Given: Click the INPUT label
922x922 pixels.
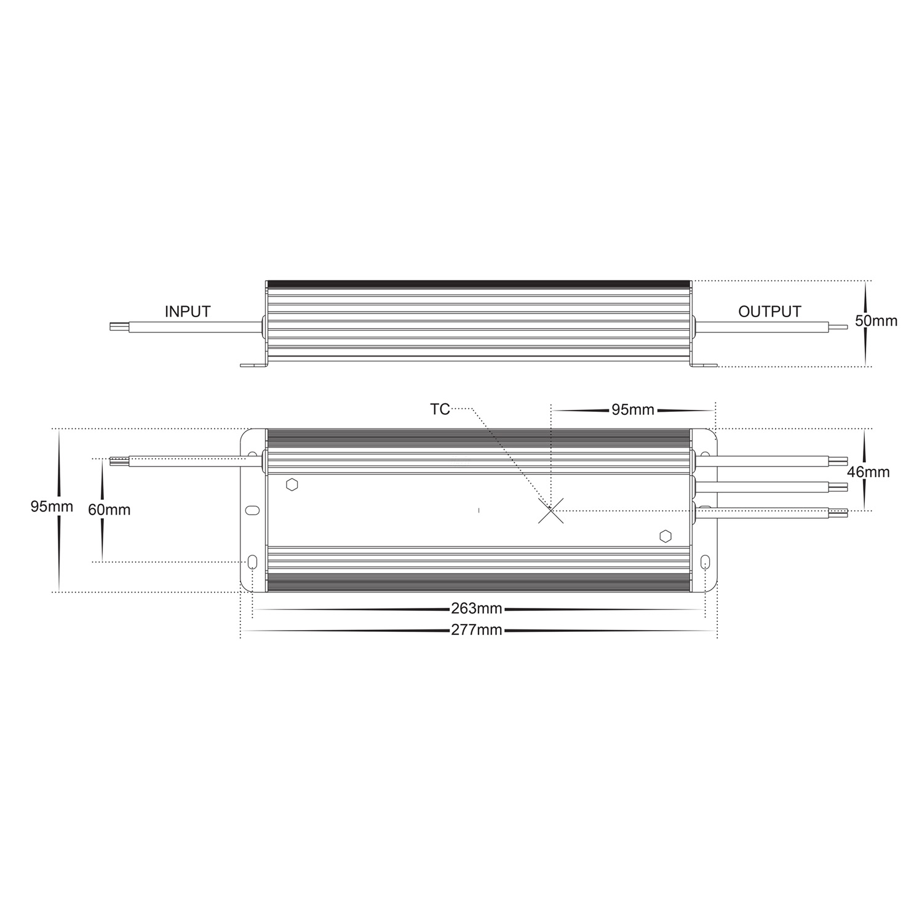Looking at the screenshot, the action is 188,312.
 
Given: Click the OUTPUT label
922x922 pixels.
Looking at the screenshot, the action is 769,312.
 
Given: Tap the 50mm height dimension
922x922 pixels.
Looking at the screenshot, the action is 876,321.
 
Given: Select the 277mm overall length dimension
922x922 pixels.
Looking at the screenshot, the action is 477,630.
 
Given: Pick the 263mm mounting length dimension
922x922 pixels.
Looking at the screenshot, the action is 477,609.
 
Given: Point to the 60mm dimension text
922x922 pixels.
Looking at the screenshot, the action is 109,510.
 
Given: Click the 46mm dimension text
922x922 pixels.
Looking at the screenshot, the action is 868,472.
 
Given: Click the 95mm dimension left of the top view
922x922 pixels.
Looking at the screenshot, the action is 52,507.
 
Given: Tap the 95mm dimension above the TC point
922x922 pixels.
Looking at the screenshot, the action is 632,410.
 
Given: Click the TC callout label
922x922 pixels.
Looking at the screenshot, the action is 440,409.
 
